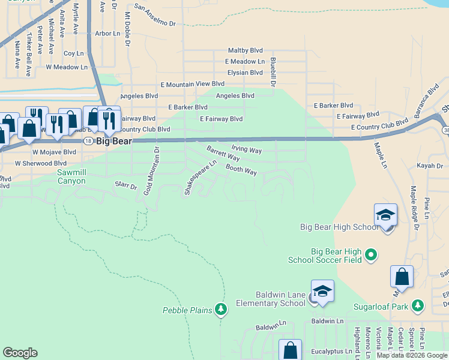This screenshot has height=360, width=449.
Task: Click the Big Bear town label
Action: pos(114,142)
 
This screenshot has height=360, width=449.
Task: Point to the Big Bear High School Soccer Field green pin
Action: pos(370,255)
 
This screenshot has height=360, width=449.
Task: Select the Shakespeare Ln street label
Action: pos(200,177)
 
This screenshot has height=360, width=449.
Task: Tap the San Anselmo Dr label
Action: pos(155,15)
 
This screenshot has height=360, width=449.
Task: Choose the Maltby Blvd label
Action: pos(246,51)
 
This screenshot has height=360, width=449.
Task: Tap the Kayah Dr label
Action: pos(430,166)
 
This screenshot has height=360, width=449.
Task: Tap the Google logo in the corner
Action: pos(20,353)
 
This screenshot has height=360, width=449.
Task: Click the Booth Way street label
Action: pos(241,170)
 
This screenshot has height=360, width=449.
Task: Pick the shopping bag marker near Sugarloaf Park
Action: pos(402,277)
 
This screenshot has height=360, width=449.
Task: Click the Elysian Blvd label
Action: pos(244,72)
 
